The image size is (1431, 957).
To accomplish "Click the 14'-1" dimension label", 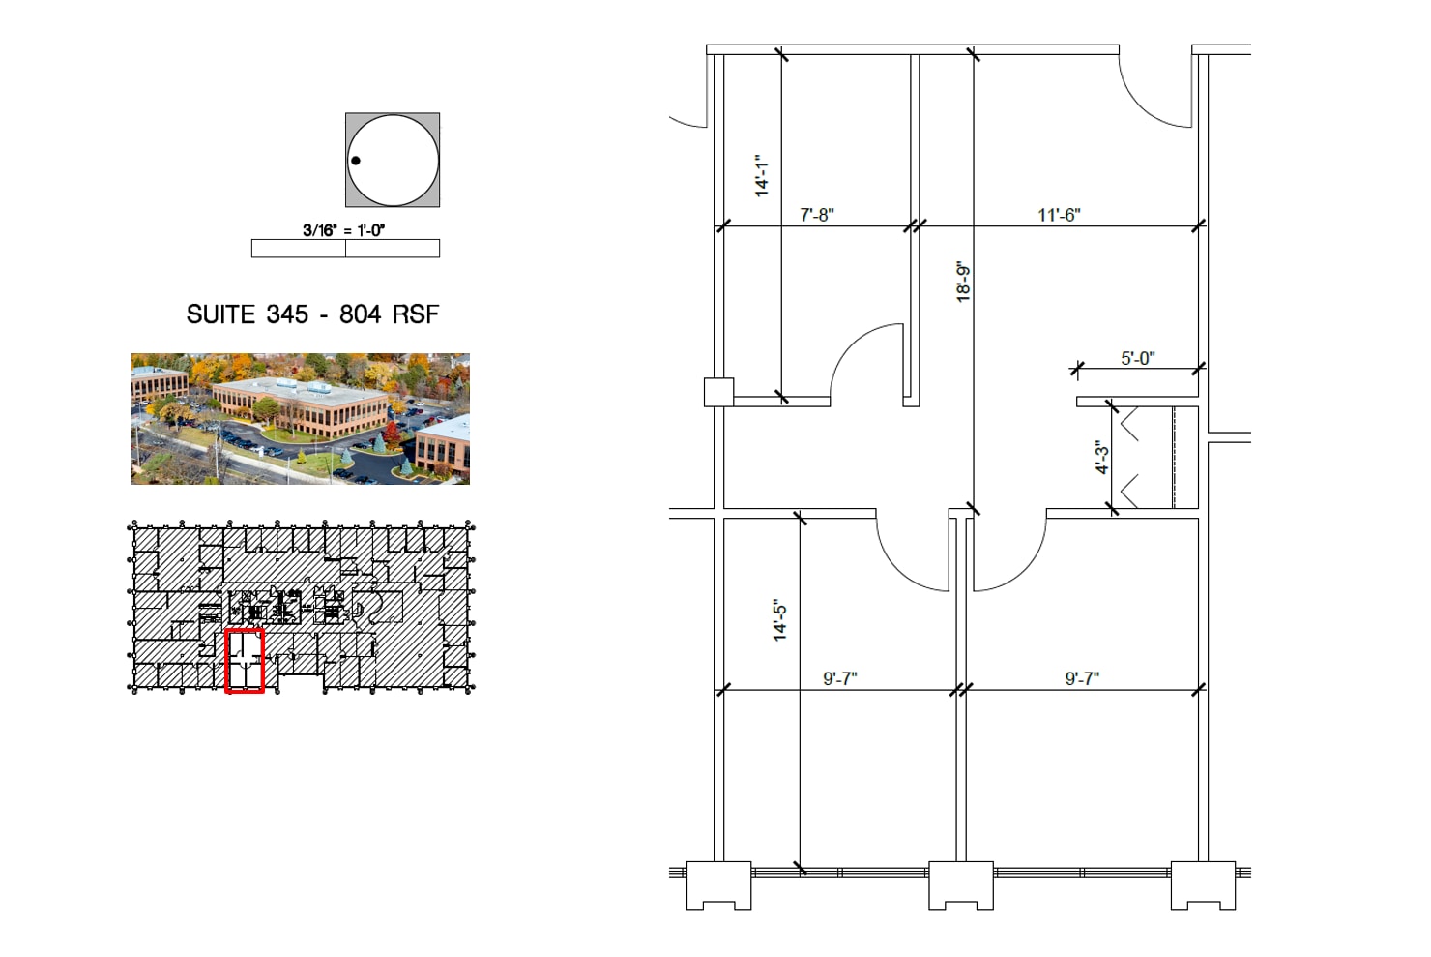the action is pos(761,175).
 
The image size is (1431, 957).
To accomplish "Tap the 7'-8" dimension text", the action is pos(817,215).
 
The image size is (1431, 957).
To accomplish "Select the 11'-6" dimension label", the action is pos(1059,215).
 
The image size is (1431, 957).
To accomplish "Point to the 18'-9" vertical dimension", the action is pos(963,282).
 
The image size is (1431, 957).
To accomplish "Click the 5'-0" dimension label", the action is pos(1138,358).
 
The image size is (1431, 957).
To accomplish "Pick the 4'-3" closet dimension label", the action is pos(1102,457).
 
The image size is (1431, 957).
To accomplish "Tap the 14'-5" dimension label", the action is pos(779,620).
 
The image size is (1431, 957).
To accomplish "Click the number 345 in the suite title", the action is pos(287,314).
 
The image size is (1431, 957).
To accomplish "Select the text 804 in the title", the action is pos(361,314).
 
